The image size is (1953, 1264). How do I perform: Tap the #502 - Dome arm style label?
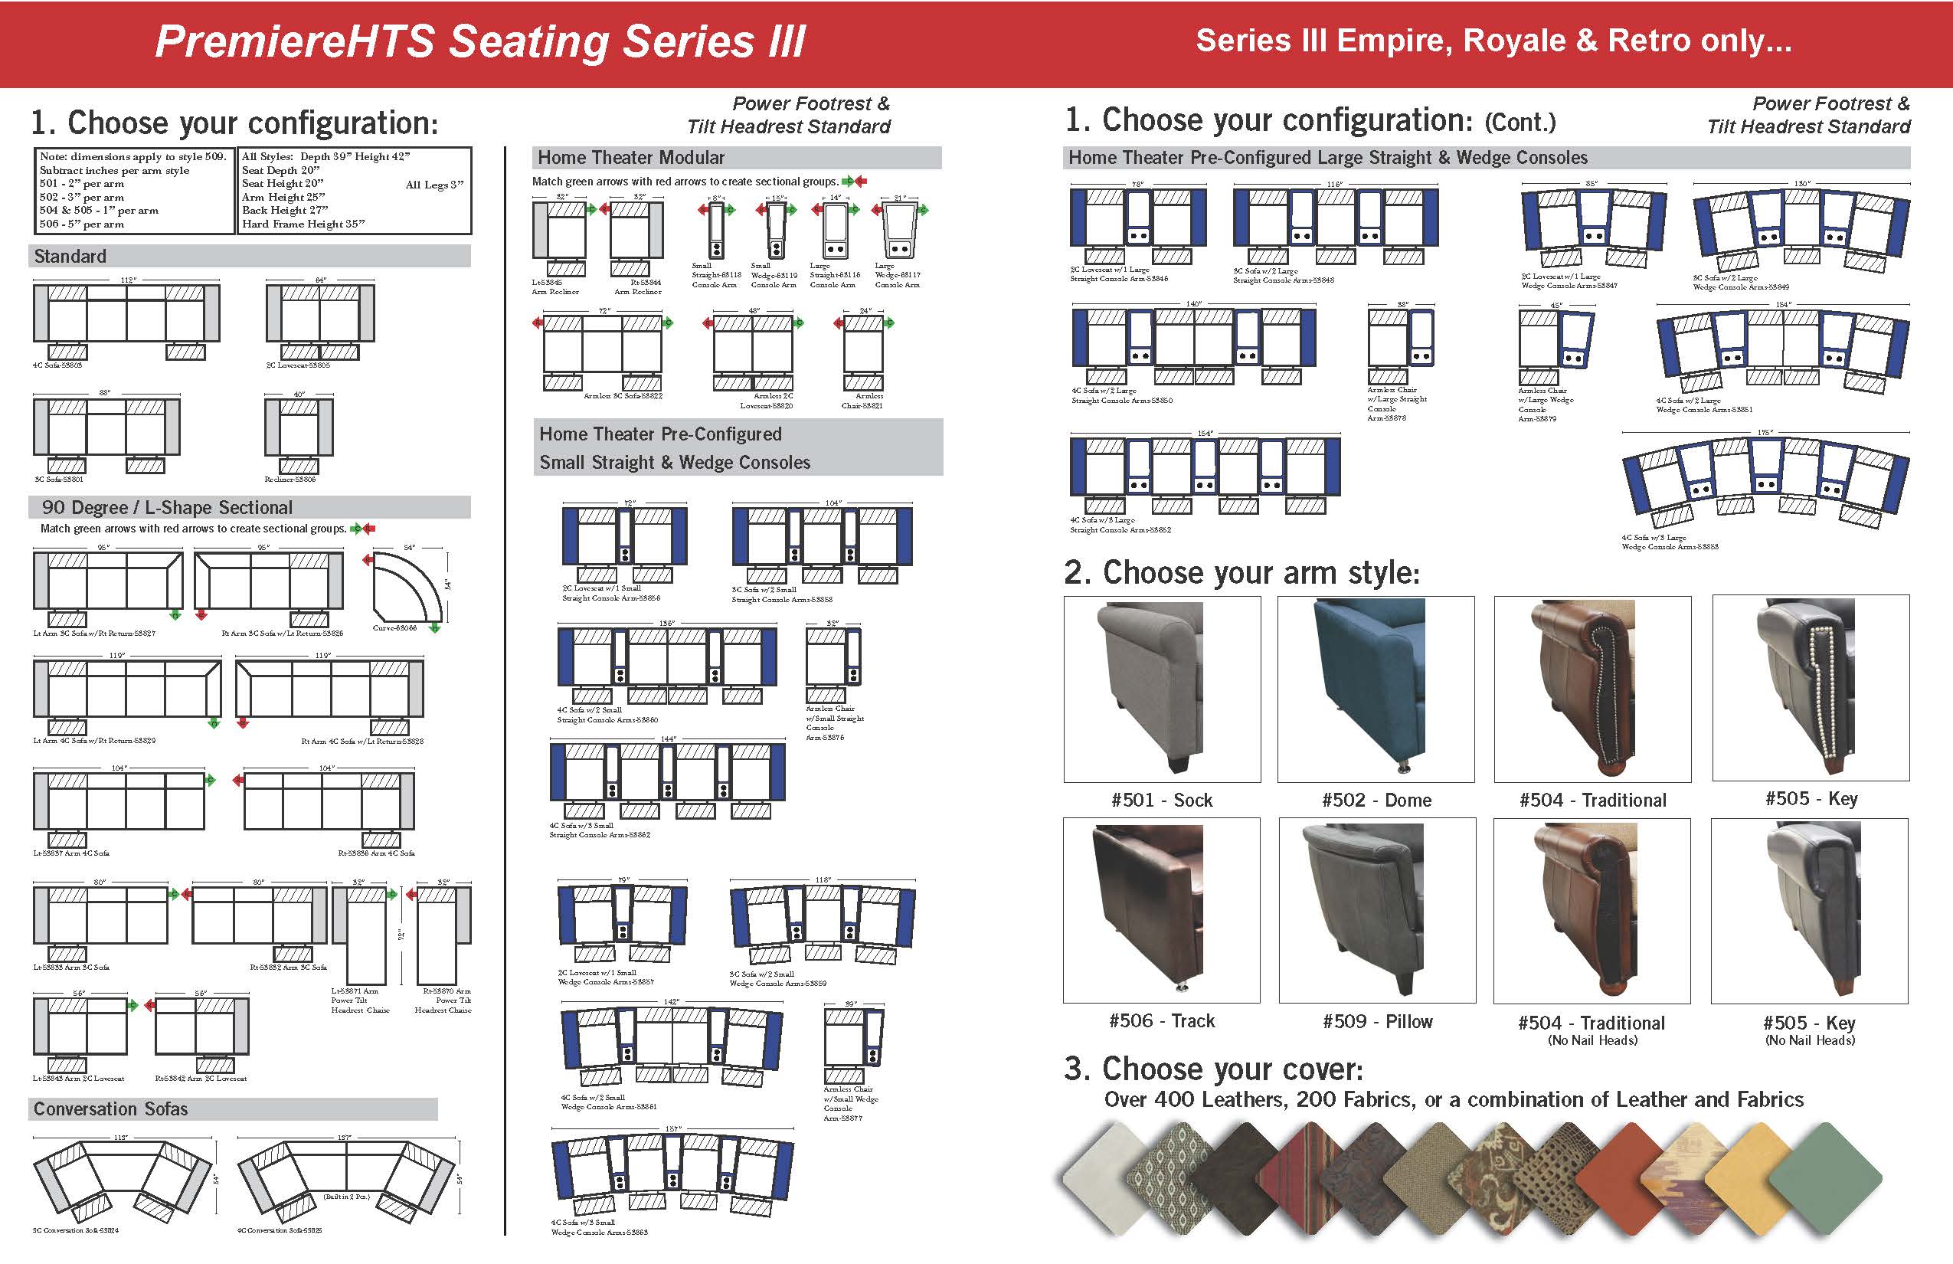pos(1376,801)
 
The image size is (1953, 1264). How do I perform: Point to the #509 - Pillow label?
pos(1377,1022)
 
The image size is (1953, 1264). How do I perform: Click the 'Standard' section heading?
pos(70,256)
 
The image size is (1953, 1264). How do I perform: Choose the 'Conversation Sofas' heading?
pos(111,1109)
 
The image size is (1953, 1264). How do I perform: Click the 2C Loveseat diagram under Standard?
pos(320,320)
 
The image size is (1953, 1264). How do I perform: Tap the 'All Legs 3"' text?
pos(434,185)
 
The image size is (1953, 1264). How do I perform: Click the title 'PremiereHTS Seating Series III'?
pos(480,42)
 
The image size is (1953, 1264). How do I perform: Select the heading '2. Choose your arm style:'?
pos(1241,573)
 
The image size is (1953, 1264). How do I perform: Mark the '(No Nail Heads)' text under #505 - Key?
pos(1809,1041)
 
